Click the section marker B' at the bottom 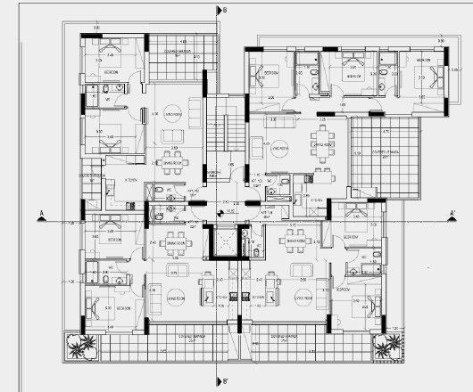coord(226,383)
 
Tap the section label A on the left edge coord(41,212)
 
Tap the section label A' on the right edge coord(452,212)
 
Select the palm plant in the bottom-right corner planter coord(386,343)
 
